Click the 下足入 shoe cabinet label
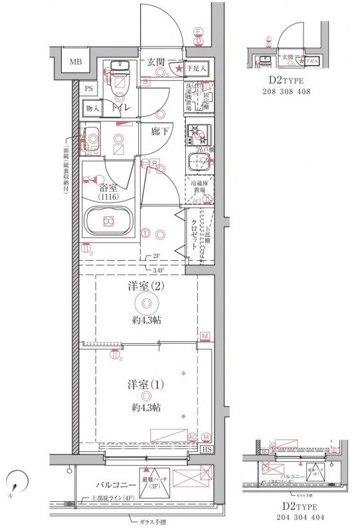196,67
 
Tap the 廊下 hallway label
159,131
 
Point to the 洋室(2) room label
145,287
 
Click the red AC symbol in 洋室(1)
193,437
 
